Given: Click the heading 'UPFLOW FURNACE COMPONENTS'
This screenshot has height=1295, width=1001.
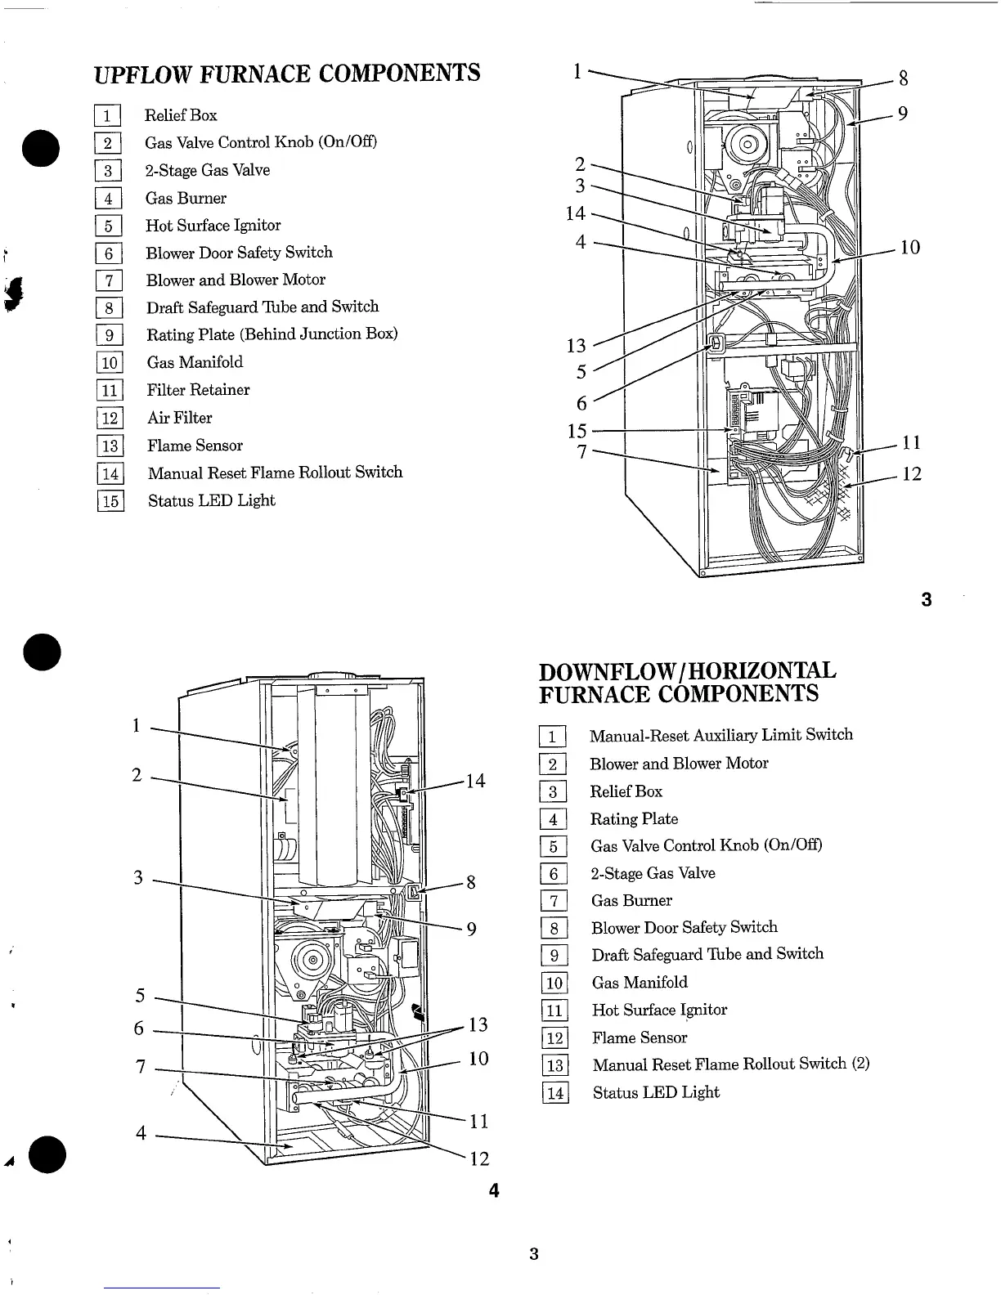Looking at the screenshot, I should [287, 74].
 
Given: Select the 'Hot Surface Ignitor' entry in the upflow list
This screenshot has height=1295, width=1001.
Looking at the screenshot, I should [213, 226].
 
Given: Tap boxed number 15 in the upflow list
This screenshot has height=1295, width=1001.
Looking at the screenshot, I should [110, 500].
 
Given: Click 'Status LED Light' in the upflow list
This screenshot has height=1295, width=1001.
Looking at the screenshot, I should [211, 500].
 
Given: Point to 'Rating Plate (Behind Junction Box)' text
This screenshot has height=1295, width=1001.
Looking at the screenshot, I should [272, 334].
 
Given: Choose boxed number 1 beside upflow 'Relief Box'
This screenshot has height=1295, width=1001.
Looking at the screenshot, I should [108, 115].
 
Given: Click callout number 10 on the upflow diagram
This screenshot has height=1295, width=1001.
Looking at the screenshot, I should [909, 247].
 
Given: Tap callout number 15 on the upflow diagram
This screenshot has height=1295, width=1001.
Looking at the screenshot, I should [577, 431].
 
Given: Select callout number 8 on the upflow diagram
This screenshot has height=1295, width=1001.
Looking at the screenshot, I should [903, 78].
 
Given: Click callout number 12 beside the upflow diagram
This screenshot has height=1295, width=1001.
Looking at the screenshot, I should [911, 474].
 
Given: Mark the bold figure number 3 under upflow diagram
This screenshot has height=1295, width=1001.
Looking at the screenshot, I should [926, 600].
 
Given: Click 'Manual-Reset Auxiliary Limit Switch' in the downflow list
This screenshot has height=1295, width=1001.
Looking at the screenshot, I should [720, 735].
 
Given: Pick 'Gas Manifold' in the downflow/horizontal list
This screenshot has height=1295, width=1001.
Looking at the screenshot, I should [640, 983].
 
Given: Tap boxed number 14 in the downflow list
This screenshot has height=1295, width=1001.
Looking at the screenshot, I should [555, 1093].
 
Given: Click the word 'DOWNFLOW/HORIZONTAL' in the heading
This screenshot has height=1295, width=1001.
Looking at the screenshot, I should [687, 671].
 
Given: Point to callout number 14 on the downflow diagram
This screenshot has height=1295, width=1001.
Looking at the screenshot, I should [475, 782].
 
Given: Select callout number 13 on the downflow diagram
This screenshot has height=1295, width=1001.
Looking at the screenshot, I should [478, 1025].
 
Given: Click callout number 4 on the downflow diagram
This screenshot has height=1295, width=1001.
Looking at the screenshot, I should [141, 1133].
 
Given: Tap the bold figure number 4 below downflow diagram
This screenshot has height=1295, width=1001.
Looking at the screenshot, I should [494, 1190].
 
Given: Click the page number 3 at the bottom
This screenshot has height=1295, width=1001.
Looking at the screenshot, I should [533, 1254].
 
